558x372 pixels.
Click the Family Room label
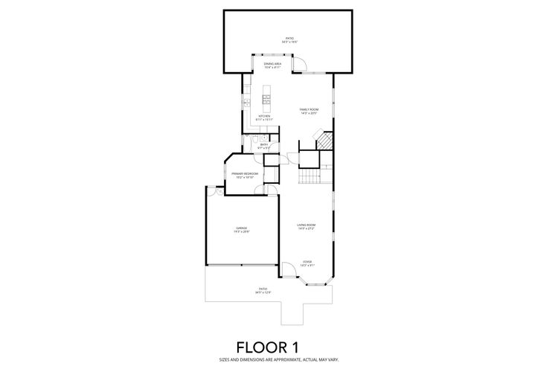tap(308, 111)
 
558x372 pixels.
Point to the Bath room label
tap(264, 147)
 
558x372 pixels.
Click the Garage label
tap(242, 229)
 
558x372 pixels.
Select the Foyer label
tap(307, 263)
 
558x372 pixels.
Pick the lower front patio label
tap(263, 290)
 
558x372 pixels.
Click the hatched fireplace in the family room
tap(324, 141)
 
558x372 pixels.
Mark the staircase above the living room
tap(308, 178)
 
